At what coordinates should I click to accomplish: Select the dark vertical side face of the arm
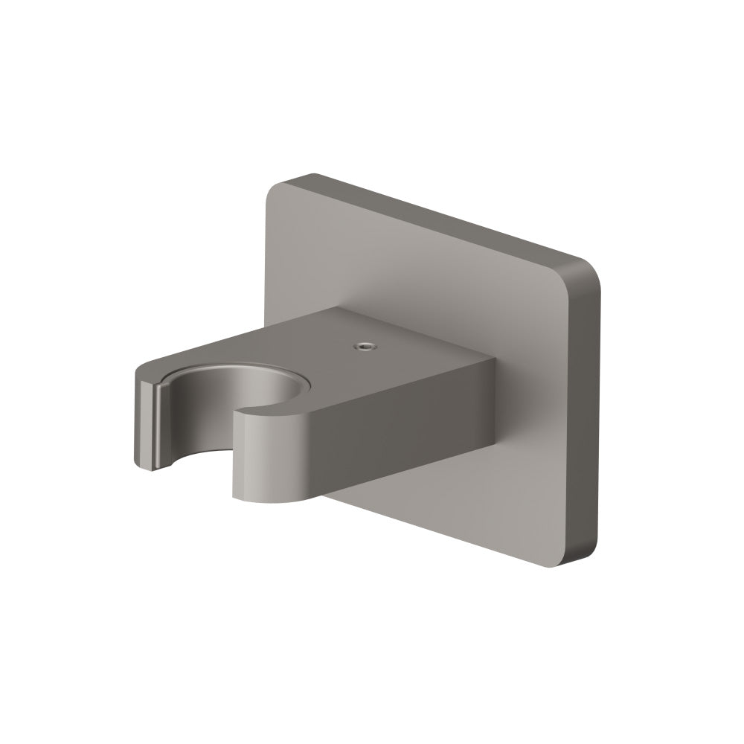(402, 432)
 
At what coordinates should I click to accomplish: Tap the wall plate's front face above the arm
(417, 268)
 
